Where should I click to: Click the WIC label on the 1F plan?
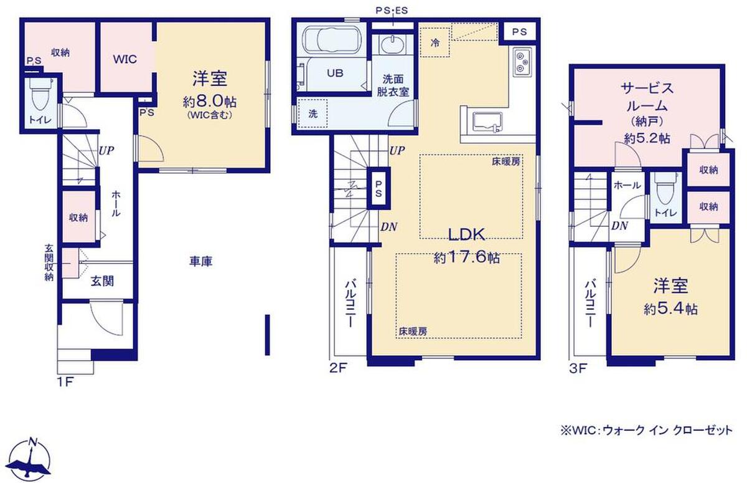pos(125,59)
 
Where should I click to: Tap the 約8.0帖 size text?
pos(209,102)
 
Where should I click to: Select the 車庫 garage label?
pos(200,261)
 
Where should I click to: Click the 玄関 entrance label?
pos(102,282)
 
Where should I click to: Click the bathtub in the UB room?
pos(331,41)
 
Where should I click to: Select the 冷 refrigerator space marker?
pos(435,43)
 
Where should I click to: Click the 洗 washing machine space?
pos(312,113)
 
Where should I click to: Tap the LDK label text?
pos(466,235)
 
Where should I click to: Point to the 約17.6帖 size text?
pos(466,257)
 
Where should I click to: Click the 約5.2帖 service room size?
pos(647,138)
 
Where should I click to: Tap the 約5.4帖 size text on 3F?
pos(670,309)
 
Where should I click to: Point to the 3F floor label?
pos(578,368)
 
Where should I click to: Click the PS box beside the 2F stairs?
pos(378,189)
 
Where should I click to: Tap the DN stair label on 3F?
pos(619,226)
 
